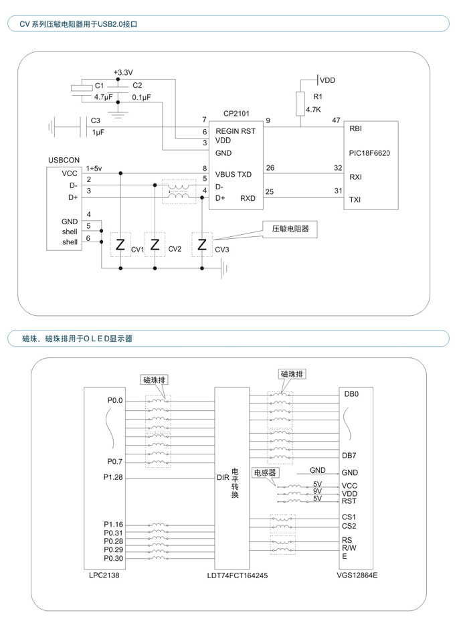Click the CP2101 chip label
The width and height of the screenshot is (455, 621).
(x=236, y=114)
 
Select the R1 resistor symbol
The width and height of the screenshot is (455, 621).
(x=300, y=103)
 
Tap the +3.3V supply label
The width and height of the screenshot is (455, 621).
(x=123, y=72)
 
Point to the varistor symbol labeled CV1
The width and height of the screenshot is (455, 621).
(x=120, y=244)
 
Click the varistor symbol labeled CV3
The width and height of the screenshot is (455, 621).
(x=202, y=244)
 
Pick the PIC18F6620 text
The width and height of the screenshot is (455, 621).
(x=369, y=153)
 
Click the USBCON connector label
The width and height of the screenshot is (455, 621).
(x=64, y=160)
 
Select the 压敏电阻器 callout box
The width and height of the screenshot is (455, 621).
(x=290, y=229)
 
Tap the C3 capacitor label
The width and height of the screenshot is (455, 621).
(x=96, y=120)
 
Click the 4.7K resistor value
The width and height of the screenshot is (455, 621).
(x=313, y=110)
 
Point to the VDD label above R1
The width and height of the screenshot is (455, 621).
(x=327, y=80)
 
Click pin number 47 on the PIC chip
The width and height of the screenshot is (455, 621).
(x=336, y=120)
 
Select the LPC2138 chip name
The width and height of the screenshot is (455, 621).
(x=104, y=575)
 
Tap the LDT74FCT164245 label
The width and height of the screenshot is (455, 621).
(x=237, y=575)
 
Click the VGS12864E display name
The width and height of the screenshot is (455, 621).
(x=357, y=575)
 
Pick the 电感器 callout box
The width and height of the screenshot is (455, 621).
(x=265, y=472)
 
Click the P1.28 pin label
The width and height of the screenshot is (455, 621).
(x=113, y=477)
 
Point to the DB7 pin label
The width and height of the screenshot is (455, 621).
(x=349, y=456)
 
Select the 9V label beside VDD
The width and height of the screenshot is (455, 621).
(x=317, y=491)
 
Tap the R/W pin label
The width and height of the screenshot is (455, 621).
(x=349, y=548)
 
